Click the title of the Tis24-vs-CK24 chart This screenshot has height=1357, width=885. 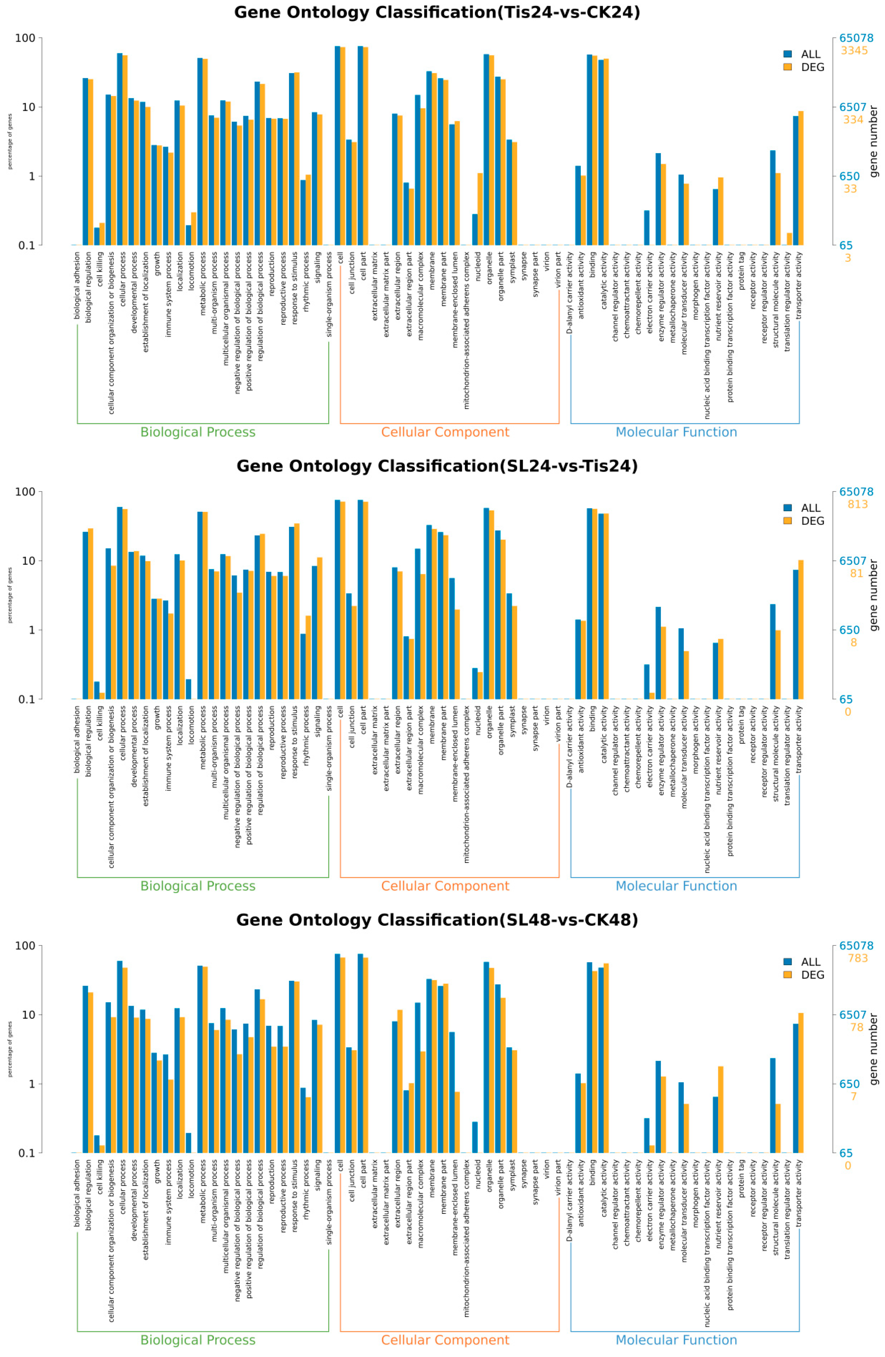coord(437,13)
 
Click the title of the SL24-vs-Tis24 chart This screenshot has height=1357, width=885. coord(437,466)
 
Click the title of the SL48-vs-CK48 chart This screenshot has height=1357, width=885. coord(437,920)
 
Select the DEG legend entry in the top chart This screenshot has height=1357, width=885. coord(804,67)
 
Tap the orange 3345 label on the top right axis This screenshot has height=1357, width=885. coord(854,51)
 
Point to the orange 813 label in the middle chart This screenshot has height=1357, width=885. coord(857,505)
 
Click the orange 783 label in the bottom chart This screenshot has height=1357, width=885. coord(857,958)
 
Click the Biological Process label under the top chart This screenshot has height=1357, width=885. coord(198,432)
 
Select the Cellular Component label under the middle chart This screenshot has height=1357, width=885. coord(445,886)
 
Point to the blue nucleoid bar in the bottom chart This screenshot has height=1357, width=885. coord(474,1137)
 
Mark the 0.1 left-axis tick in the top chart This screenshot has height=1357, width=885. coord(27,246)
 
